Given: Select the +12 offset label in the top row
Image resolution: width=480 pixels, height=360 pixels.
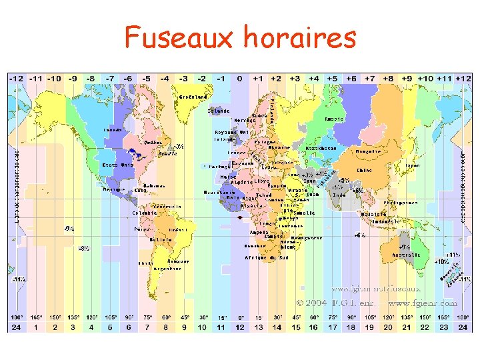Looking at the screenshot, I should pos(462,78).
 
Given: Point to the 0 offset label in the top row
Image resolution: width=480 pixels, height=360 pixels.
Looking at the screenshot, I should pos(240,78).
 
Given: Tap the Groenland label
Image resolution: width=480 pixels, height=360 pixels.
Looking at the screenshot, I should pos(193,97).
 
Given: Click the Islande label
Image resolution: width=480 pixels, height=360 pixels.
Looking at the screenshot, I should pos(219,111).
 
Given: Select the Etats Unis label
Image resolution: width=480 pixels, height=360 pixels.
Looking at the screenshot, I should pos(117,165).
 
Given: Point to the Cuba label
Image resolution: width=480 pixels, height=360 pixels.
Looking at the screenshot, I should pos(141,190).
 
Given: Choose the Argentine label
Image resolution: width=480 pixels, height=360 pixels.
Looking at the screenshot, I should pos(167,268).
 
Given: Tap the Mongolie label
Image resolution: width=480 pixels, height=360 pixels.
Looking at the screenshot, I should pos(369,151).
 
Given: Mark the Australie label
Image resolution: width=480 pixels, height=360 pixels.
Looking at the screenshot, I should pos(406,255).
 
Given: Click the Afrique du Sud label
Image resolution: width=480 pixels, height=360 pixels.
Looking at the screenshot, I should pos(266,257).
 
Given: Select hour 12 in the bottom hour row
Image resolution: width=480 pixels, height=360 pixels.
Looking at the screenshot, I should pos(240,327).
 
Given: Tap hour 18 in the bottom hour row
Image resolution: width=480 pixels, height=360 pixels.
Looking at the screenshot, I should pos(351,327).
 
